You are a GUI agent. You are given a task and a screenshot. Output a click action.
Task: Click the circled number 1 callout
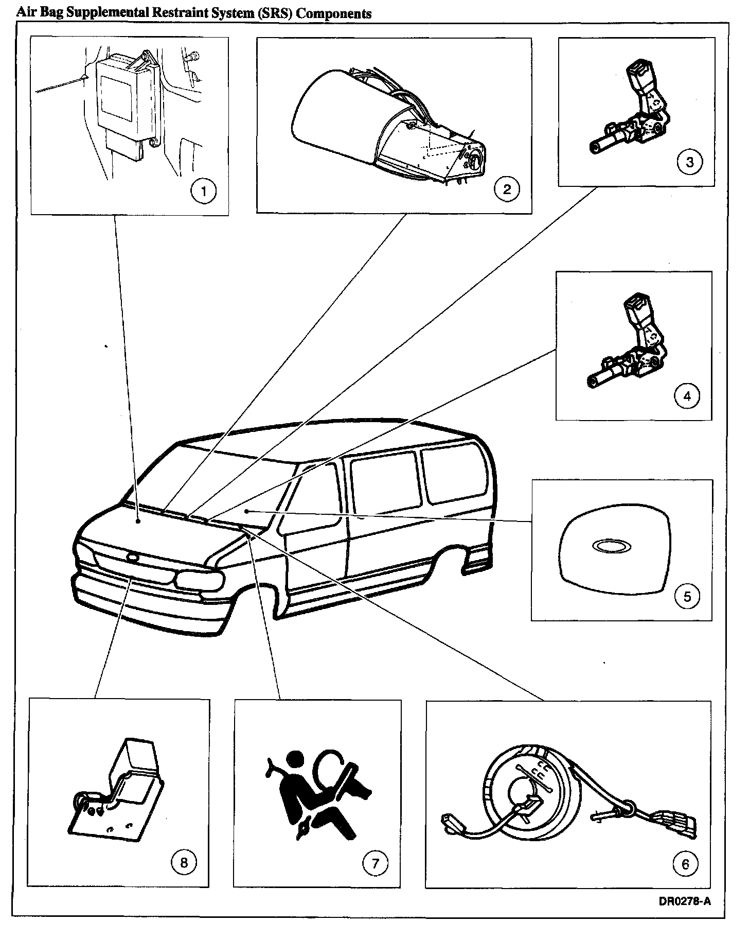(x=203, y=192)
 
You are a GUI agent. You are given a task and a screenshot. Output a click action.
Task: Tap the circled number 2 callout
(x=507, y=189)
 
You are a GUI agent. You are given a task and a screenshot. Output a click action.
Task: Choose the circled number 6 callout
(x=685, y=863)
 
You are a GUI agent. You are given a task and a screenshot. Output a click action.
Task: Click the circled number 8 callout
(x=184, y=862)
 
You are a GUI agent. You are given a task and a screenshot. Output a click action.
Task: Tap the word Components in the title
(x=334, y=13)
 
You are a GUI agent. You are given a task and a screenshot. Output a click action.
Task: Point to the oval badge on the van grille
(x=133, y=557)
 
